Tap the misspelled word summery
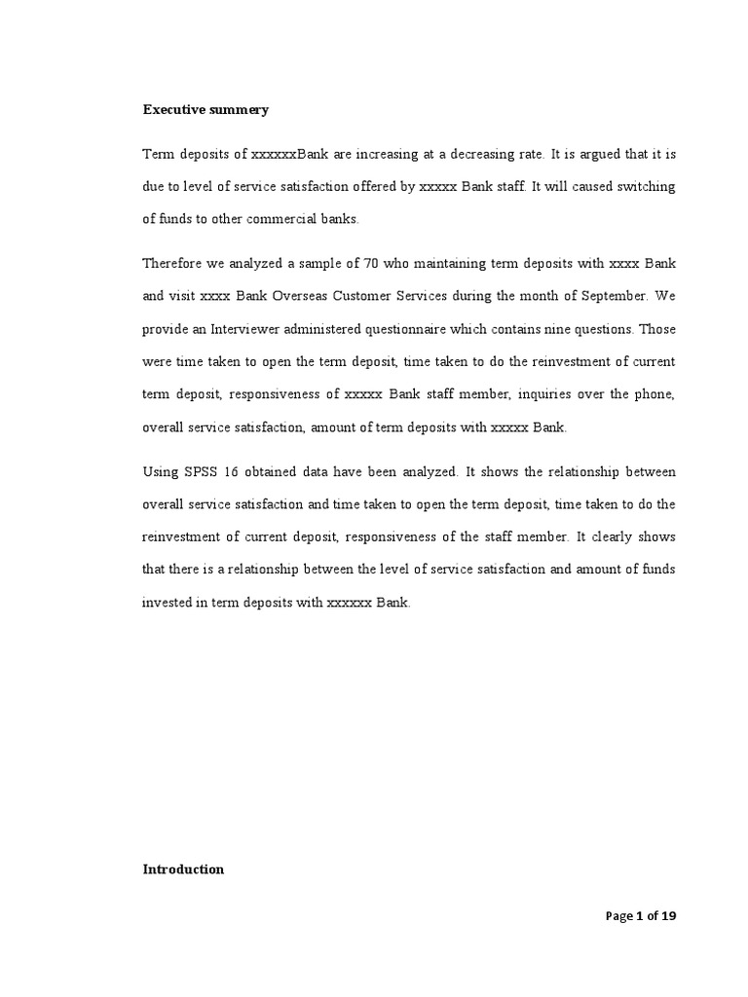tap(243, 110)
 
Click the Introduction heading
tap(183, 869)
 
